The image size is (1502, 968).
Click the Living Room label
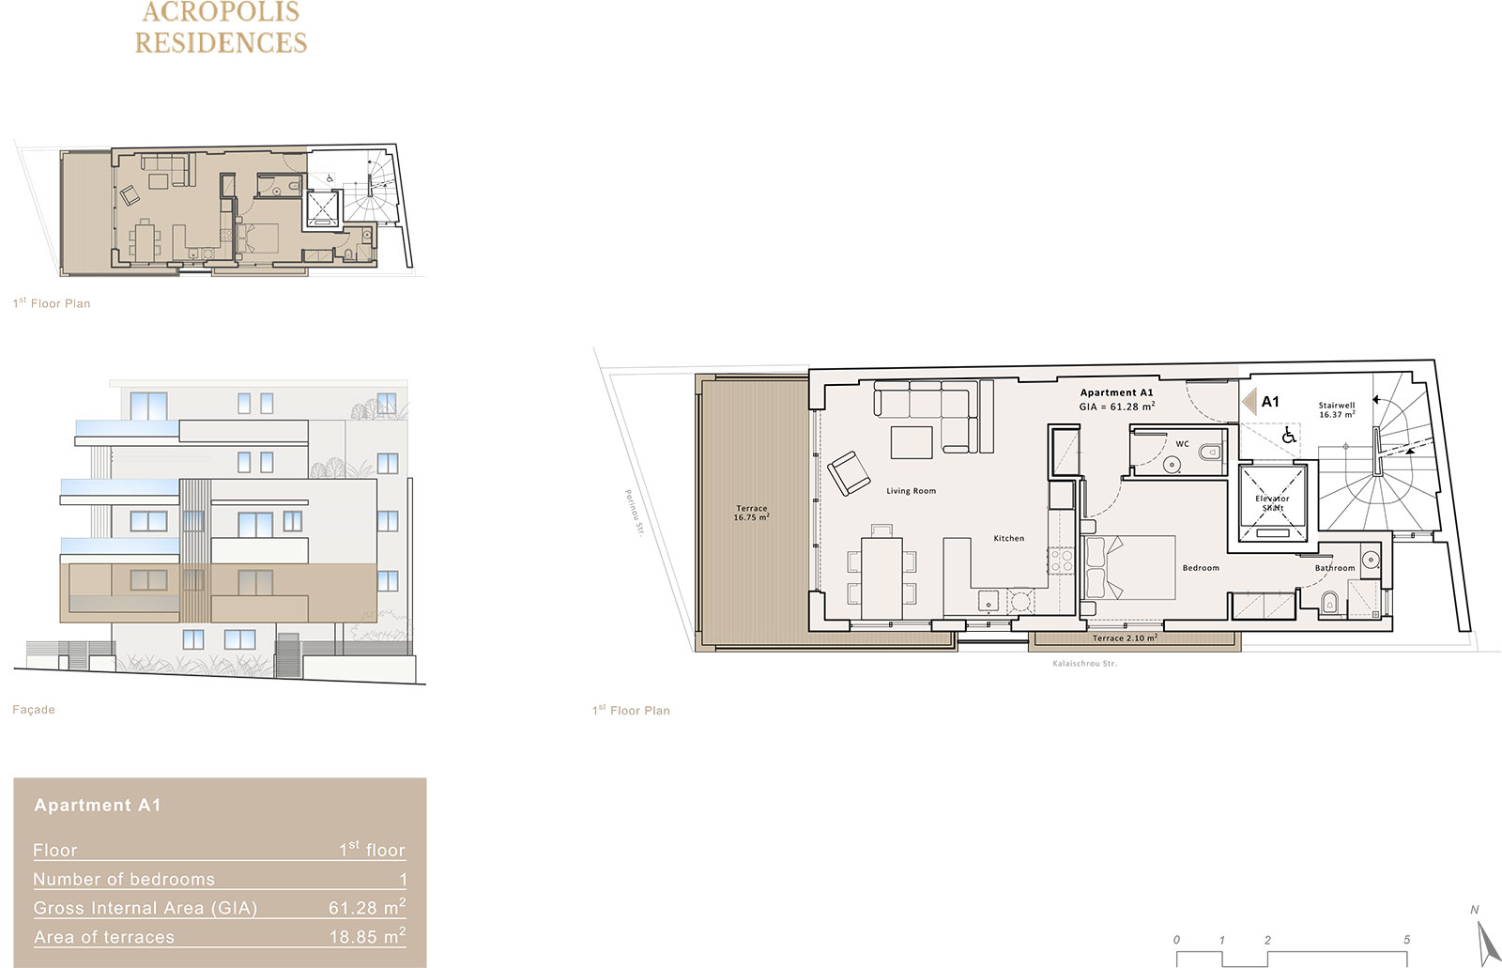coord(911,491)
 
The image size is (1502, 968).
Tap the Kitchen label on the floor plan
coord(1008,538)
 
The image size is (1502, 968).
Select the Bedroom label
coord(1201,567)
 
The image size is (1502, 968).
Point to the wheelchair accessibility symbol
coord(1288,436)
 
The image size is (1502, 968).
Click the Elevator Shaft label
coord(1272,503)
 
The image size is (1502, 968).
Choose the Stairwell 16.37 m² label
coord(1337,410)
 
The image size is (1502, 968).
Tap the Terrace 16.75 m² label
coord(751,513)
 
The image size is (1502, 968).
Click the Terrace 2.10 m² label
coord(1125,638)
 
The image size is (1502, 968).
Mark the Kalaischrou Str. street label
coord(1084,664)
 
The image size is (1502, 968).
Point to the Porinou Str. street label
coord(634,513)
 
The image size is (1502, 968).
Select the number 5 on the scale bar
coord(1406,940)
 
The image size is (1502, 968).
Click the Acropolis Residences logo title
coord(221,27)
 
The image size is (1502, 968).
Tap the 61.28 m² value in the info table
coord(367,907)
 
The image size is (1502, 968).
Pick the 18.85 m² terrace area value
coord(367,936)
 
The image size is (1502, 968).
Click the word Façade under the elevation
coord(34,710)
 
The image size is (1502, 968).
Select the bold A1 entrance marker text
coord(1270,402)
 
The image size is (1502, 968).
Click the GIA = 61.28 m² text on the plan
coord(1116,407)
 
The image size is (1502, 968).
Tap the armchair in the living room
coord(849,473)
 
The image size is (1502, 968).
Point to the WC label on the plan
coord(1182,444)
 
